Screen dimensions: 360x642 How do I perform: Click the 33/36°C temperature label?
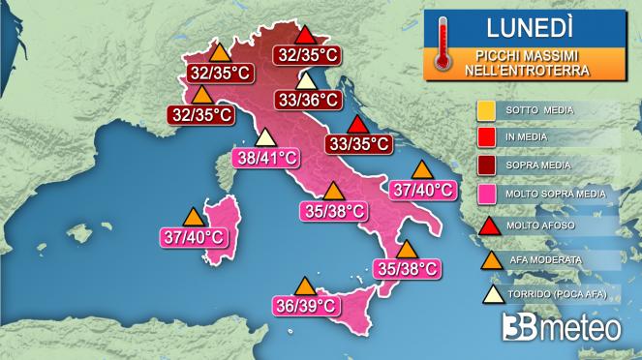tap(307, 99)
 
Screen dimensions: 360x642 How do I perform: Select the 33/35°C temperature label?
tap(359, 144)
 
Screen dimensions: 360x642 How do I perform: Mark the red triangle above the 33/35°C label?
tap(358, 125)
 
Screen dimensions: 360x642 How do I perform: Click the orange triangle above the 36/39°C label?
tap(305, 286)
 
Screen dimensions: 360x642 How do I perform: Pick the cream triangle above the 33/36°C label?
tap(307, 80)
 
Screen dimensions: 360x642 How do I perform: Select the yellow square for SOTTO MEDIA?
tap(486, 110)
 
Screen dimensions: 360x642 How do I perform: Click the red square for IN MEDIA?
tap(486, 138)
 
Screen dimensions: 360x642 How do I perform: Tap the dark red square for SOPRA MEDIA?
tap(486, 166)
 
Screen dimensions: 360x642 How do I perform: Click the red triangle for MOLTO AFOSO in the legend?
tap(486, 227)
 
